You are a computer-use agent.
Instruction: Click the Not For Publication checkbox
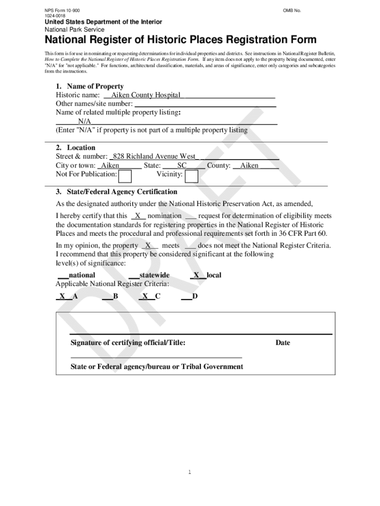pos(125,176)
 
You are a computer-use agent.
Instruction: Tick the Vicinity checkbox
pos(191,176)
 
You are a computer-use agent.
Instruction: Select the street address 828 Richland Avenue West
pos(154,157)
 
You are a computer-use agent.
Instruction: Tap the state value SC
pos(182,166)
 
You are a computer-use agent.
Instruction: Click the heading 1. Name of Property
pos(90,86)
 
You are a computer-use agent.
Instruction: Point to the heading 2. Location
pos(76,148)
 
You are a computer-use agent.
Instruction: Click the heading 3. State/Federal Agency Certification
pos(116,192)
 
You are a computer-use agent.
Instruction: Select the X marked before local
pos(196,275)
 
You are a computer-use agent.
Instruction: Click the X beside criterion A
pos(63,296)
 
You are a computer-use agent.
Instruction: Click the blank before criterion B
pos(107,296)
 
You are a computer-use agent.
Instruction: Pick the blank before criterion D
pos(186,296)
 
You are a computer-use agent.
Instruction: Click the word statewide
pos(154,275)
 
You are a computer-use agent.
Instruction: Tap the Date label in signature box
pos(283,343)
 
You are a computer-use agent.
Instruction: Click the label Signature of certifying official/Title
pos(128,343)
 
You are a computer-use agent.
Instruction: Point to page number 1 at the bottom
pos(189,472)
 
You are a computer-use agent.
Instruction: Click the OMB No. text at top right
pos(292,10)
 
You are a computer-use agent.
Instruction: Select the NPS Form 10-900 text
pos(62,10)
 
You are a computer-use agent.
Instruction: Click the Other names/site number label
pos(94,104)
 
